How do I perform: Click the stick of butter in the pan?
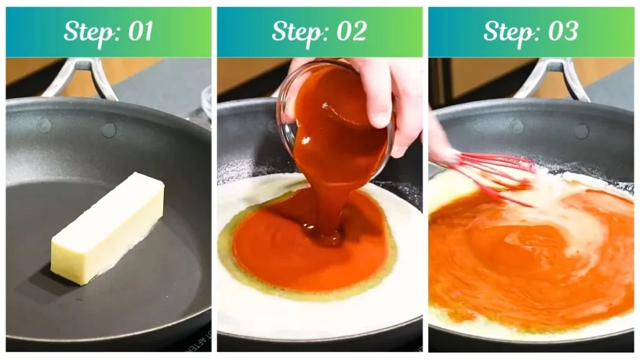107,227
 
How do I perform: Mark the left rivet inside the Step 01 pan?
44,126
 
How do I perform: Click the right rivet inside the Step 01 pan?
109,130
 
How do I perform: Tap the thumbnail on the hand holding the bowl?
379,116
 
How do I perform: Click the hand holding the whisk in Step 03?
441,141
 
